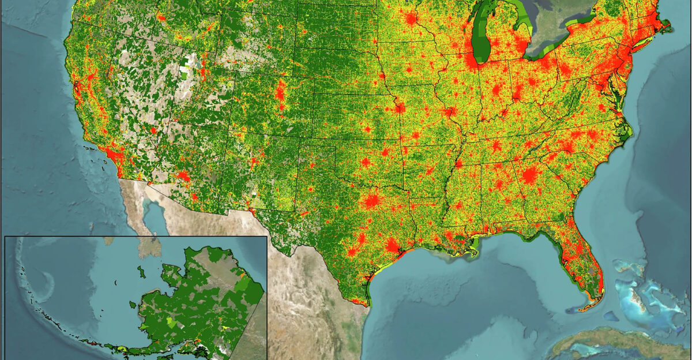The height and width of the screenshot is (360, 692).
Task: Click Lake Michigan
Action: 482,35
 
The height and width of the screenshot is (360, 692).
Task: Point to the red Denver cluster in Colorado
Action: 281,92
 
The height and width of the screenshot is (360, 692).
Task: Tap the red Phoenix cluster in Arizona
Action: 183,175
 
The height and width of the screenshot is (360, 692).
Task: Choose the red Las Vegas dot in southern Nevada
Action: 153,130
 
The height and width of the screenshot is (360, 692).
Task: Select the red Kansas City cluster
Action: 398,107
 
